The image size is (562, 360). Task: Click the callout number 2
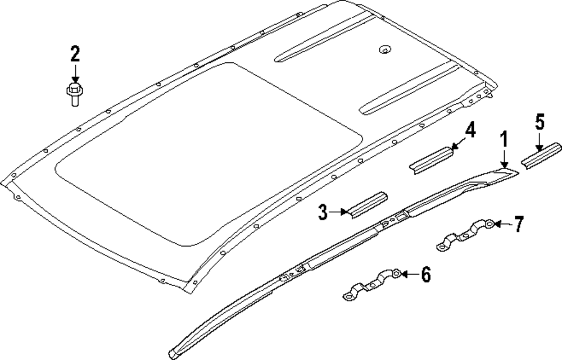pos(75,54)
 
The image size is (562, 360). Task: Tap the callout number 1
pos(504,139)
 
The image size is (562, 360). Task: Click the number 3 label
pos(323,212)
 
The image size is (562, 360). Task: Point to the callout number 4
pos(470,131)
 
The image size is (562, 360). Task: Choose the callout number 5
pos(540,122)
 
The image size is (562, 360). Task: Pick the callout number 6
pos(425,275)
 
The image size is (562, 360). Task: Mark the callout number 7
pos(518,225)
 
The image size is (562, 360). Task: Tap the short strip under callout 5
pos(541,154)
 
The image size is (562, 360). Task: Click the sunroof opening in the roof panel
pos(208,152)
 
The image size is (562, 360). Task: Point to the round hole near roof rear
pos(384,49)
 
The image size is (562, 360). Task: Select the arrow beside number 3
pos(339,212)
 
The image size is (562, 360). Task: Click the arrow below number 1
pos(505,159)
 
